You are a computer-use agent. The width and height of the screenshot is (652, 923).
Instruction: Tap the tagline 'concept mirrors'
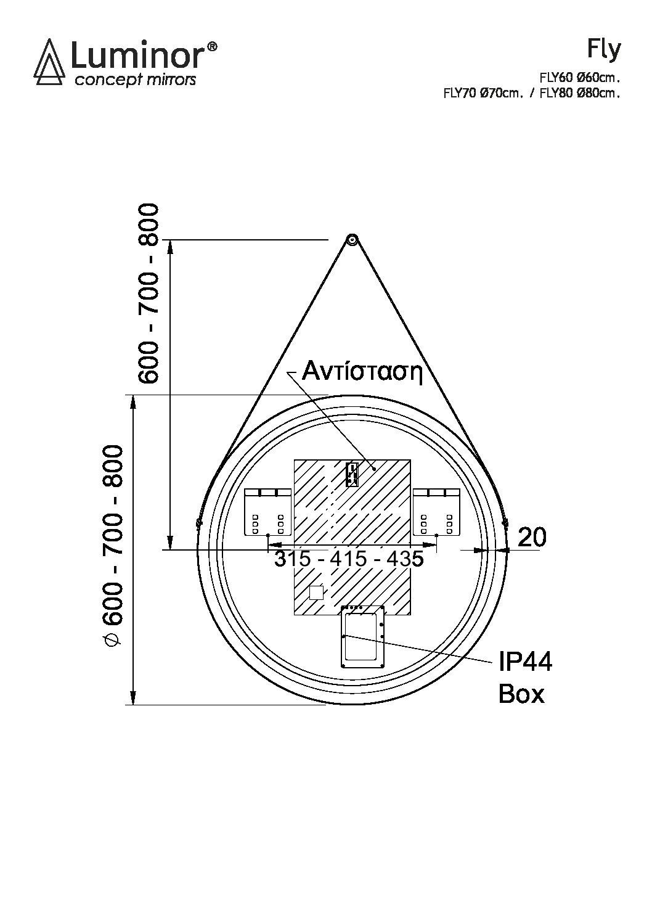[x=135, y=80]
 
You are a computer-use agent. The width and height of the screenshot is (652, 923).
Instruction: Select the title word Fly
[x=604, y=50]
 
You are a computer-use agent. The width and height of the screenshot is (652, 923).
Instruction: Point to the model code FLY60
[x=555, y=78]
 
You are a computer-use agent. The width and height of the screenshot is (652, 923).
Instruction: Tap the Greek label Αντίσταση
[x=362, y=372]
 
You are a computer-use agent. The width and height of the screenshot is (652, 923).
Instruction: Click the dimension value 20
[x=531, y=537]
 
